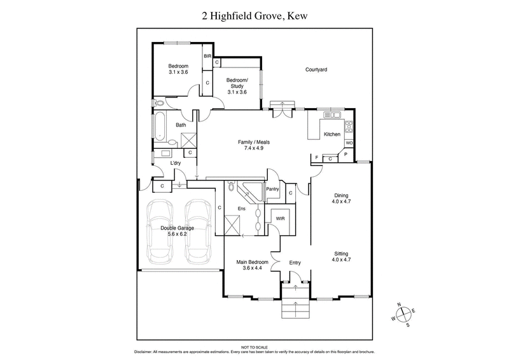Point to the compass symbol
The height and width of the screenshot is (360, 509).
tap(403, 314)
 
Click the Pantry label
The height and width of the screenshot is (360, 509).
tap(274, 189)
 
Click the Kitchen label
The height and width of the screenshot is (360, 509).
tap(332, 134)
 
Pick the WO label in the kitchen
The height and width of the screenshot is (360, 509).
tap(349, 143)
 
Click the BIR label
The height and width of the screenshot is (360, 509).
tap(207, 57)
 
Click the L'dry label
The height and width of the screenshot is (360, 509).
tap(176, 163)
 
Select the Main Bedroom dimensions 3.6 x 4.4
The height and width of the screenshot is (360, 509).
tap(251, 268)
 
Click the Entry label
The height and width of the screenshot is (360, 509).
tap(295, 262)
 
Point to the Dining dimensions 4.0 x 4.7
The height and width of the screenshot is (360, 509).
tap(342, 202)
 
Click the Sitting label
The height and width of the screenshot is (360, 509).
tap(342, 253)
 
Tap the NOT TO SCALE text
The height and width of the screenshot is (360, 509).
tap(254, 346)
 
